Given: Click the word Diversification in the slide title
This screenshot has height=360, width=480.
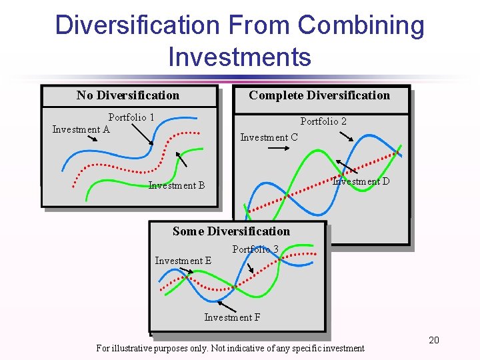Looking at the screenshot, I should tap(137, 25).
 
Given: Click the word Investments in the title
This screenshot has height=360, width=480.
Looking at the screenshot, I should tap(239, 57).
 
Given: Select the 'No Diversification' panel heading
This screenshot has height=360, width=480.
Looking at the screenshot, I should tap(128, 95).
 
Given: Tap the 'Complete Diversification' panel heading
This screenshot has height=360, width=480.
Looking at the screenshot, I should tap(319, 95).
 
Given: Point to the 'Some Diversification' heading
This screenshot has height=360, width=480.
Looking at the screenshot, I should tap(231, 231).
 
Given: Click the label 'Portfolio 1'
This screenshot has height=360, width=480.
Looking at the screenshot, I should tap(131, 117).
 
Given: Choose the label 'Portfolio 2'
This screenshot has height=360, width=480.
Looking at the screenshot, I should tap(323, 121).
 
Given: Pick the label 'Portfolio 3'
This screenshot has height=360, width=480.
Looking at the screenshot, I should tap(255, 249).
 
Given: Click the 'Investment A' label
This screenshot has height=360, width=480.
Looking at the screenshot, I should tap(81, 129).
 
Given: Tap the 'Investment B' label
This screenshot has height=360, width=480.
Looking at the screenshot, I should tap(177, 185).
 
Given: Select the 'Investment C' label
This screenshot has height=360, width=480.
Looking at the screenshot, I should tap(269, 137).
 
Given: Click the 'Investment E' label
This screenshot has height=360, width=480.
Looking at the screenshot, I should tap(183, 261).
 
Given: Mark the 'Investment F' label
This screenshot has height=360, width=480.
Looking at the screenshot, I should tap(232, 317).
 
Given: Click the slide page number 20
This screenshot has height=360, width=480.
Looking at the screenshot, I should tap(434, 341).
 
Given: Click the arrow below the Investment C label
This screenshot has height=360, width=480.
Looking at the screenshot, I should tap(278, 150).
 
